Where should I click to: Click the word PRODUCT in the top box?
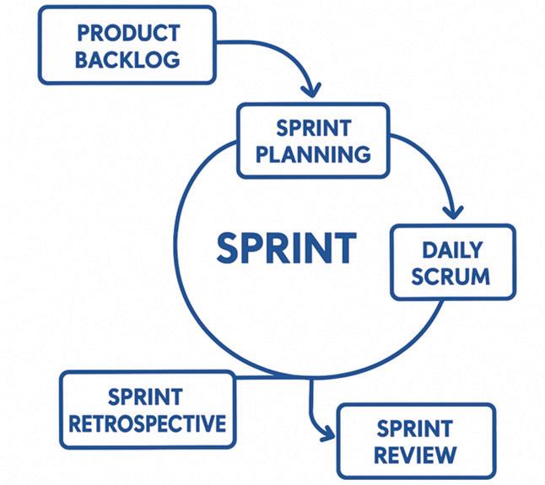128,33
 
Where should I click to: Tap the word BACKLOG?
128,60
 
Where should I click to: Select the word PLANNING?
313,154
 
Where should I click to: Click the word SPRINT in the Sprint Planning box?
313,129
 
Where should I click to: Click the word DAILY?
452,250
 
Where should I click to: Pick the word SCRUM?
452,276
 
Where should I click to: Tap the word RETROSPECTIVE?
148,423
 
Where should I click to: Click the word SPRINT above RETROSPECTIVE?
148,396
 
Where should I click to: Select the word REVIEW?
415,455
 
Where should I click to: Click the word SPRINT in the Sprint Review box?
415,428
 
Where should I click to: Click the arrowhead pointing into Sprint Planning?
312,88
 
